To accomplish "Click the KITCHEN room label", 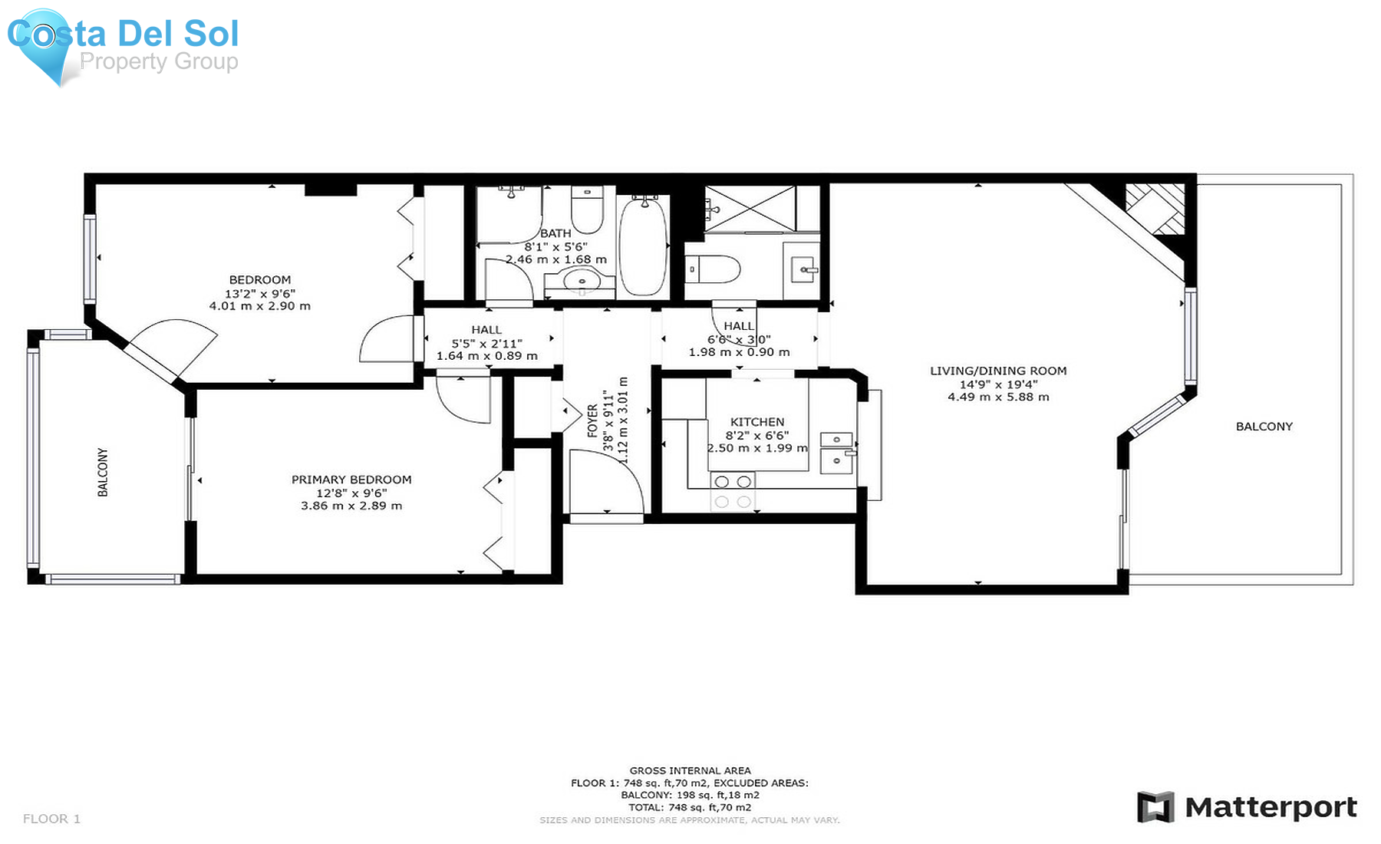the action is tap(757, 422).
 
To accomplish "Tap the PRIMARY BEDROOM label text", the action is tap(351, 480).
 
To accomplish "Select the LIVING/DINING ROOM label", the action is tap(998, 371).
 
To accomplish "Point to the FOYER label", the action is tap(592, 421).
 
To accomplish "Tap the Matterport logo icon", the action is tap(1155, 807).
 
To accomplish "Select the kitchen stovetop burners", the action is tap(733, 492).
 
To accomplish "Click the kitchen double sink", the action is tap(837, 453).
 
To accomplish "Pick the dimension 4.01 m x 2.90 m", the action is tap(260, 306).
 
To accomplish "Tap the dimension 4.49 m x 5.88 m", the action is tap(998, 397).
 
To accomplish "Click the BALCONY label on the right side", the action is tap(1264, 427).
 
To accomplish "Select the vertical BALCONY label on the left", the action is tap(103, 473).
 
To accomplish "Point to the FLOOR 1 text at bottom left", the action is tap(51, 819).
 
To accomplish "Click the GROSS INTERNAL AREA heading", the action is tap(690, 770).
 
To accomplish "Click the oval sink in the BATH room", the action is tap(582, 282).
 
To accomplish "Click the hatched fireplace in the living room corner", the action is tap(1155, 209).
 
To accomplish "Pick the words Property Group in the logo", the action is tap(159, 61).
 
